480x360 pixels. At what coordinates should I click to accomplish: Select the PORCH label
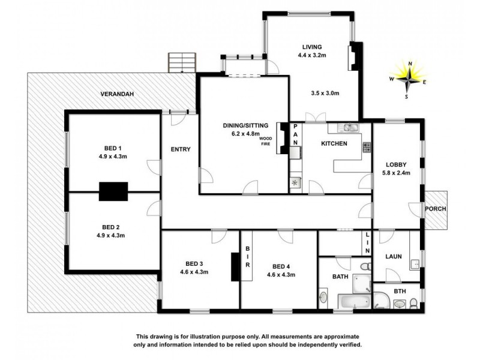[x=435, y=209]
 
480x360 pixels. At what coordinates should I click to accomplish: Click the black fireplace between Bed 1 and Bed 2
[x=113, y=191]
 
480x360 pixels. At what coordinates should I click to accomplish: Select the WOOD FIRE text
[x=265, y=142]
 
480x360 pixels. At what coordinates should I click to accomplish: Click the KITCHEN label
[x=335, y=145]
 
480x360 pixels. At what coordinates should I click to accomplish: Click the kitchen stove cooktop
[x=365, y=146]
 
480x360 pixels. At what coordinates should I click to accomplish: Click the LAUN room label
[x=394, y=256]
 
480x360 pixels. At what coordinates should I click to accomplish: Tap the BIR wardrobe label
[x=247, y=256]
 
